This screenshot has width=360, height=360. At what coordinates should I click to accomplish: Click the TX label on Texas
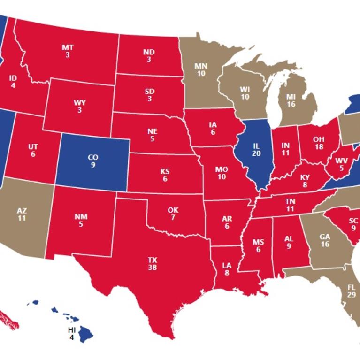pos(152,260)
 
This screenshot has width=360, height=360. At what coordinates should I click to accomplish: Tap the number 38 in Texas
pos(152,268)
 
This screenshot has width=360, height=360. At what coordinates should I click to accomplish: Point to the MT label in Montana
pos(68,47)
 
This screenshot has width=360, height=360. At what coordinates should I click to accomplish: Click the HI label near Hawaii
pos(71,330)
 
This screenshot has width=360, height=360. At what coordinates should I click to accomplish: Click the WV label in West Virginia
pos(342,161)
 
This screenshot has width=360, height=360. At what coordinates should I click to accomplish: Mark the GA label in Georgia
pos(324,237)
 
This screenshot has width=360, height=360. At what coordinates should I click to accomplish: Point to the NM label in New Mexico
pos(80,217)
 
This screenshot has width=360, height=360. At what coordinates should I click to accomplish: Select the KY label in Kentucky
pos(305,178)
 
